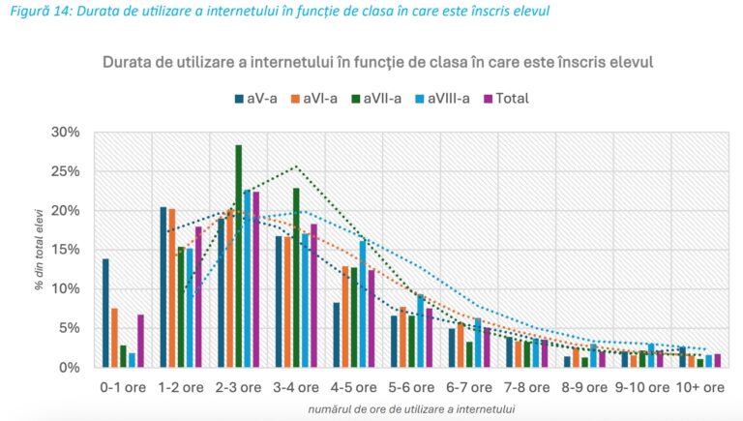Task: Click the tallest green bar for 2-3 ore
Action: pyautogui.click(x=238, y=256)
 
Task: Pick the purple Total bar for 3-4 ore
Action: pyautogui.click(x=313, y=296)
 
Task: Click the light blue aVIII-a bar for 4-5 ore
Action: pyautogui.click(x=363, y=304)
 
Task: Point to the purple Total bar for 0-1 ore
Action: pyautogui.click(x=140, y=342)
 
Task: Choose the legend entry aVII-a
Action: pyautogui.click(x=382, y=98)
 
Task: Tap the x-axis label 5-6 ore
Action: pyautogui.click(x=409, y=387)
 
